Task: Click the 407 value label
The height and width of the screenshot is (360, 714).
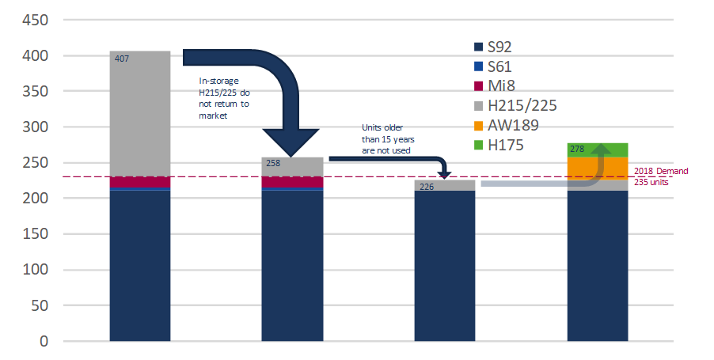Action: coord(123,59)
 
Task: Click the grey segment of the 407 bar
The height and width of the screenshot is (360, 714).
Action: coord(139,119)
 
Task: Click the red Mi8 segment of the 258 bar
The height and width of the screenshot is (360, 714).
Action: coord(292,183)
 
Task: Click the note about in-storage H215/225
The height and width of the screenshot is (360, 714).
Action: coord(225,97)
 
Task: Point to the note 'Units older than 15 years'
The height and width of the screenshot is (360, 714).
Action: coord(385,138)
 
